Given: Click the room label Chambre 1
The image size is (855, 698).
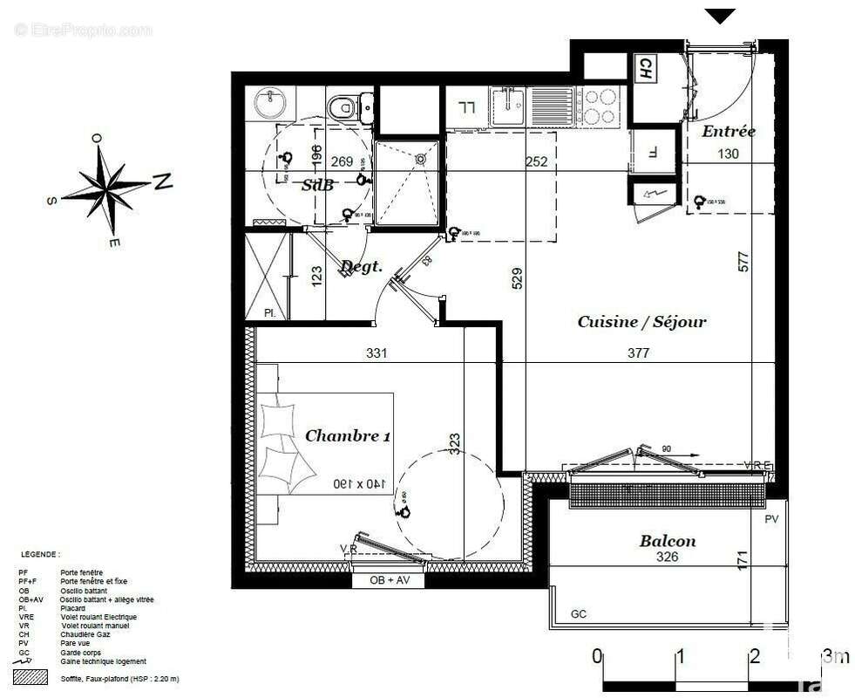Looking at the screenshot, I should pyautogui.click(x=347, y=436).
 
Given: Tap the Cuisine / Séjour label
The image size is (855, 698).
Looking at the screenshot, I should pyautogui.click(x=641, y=322).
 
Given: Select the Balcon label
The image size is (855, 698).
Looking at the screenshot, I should pyautogui.click(x=668, y=541).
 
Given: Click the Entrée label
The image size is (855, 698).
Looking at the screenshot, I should pyautogui.click(x=729, y=132).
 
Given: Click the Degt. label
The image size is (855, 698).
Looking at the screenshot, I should pyautogui.click(x=361, y=266).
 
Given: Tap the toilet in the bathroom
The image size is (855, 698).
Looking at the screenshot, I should pyautogui.click(x=347, y=107).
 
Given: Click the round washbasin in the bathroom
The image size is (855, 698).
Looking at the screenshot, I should pyautogui.click(x=271, y=105).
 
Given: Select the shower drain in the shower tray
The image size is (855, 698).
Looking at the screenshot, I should pyautogui.click(x=421, y=160).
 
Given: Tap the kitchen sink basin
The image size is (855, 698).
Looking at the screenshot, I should pyautogui.click(x=507, y=107).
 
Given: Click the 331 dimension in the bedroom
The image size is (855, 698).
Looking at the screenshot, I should pyautogui.click(x=376, y=353).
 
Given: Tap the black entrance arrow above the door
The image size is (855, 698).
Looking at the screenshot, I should pyautogui.click(x=720, y=16).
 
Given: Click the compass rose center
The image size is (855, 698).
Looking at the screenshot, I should pyautogui.click(x=107, y=186).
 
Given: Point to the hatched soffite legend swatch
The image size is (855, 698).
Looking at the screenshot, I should pyautogui.click(x=31, y=677).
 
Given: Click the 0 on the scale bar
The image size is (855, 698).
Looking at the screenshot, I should pyautogui.click(x=596, y=656).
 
